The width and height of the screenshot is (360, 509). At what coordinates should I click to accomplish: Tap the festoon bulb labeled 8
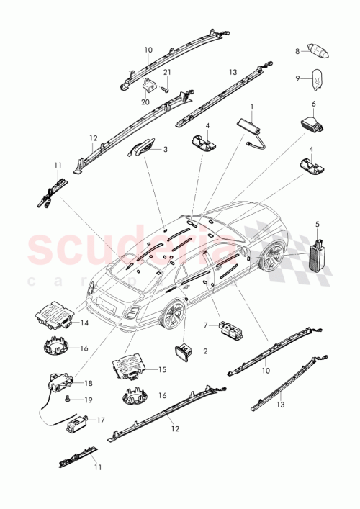click(x=318, y=51)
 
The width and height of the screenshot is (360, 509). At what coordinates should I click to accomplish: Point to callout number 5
click(x=317, y=225)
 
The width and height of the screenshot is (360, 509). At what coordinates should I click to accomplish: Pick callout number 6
click(x=314, y=104)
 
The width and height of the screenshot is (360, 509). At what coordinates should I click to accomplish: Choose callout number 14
click(x=84, y=323)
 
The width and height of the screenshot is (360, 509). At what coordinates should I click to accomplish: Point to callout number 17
click(x=100, y=419)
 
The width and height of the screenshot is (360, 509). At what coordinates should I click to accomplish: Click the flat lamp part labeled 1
click(x=251, y=123)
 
